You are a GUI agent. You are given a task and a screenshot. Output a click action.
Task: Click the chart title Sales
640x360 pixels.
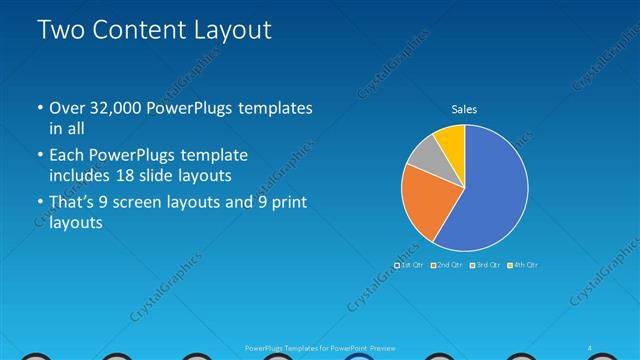coord(464,107)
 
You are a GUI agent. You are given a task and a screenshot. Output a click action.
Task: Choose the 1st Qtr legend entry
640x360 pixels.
coord(411,265)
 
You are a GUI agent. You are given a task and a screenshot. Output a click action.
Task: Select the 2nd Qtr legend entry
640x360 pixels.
coord(448,265)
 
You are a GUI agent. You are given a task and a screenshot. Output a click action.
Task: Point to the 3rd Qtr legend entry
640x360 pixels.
coord(486,265)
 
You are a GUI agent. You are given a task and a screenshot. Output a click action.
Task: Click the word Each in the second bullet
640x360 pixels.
coord(69,156)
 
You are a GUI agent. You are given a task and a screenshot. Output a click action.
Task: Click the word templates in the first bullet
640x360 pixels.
coord(275,108)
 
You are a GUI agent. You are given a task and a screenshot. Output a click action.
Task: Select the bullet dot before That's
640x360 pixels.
coord(39,204)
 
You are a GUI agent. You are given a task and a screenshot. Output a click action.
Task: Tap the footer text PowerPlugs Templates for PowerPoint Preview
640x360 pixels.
coord(320,347)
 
